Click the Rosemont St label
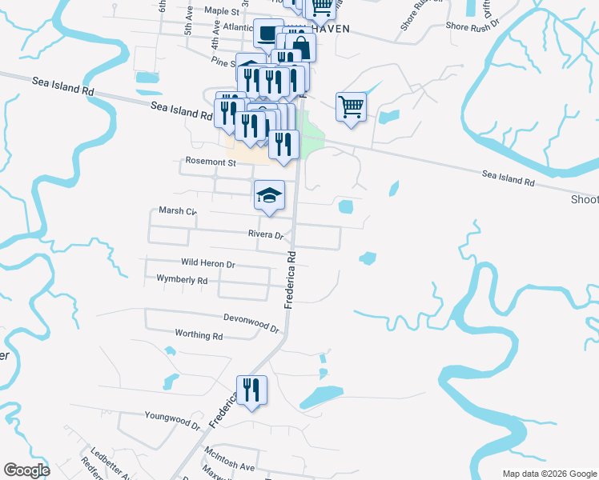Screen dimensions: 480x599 click(x=211, y=162)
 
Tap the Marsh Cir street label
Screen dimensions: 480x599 click(x=177, y=211)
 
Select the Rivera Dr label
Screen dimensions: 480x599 click(x=267, y=235)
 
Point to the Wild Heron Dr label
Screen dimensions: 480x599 click(x=207, y=263)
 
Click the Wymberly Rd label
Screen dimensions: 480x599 click(x=182, y=280)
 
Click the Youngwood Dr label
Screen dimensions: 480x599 click(x=172, y=418)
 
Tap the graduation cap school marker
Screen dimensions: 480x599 click(x=270, y=194)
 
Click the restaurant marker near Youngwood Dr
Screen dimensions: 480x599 click(x=251, y=390)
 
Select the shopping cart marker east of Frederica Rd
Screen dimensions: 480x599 click(x=352, y=106)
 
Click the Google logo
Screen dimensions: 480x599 click(x=27, y=470)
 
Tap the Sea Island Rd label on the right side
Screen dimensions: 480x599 click(x=508, y=178)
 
